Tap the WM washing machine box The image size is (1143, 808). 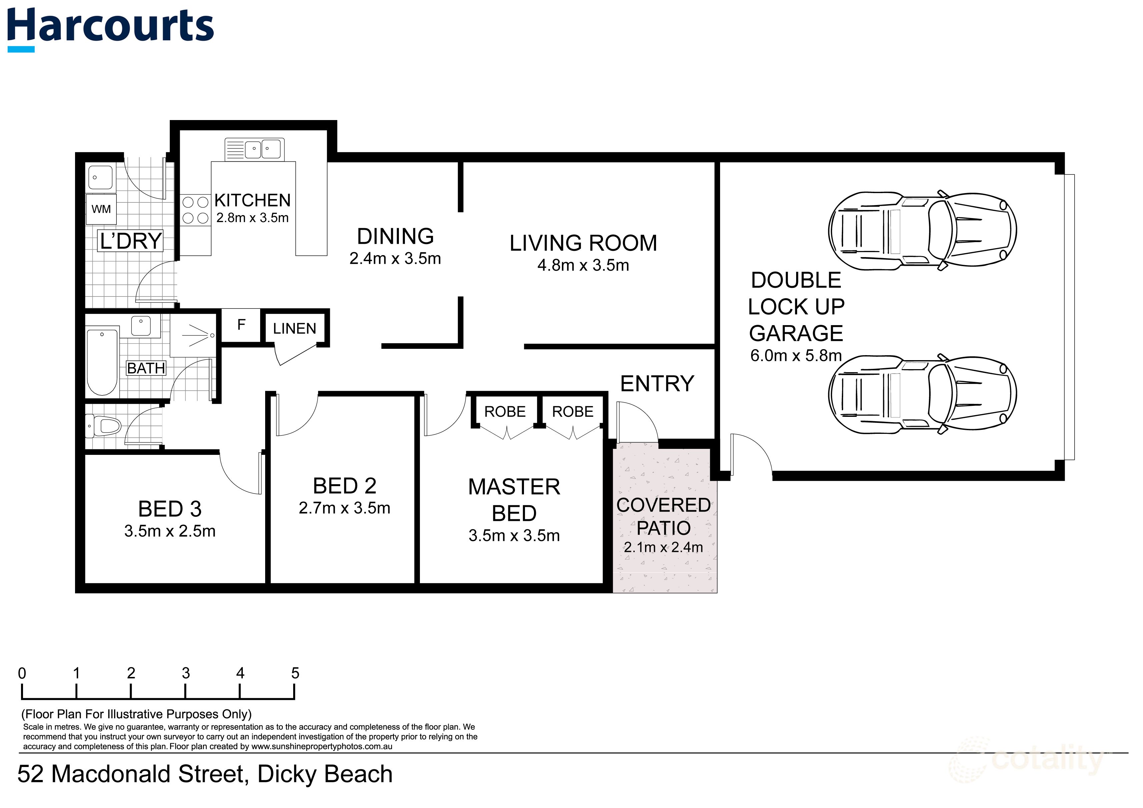point(101,209)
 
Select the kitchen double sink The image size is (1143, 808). point(254,149)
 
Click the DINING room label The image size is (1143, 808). point(395,236)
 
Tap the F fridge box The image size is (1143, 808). point(241,325)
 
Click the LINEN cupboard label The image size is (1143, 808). point(294,328)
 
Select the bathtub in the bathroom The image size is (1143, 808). point(102,361)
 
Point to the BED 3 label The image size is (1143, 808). point(170,509)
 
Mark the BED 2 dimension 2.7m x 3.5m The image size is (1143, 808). point(345,508)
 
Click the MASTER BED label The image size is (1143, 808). point(514,500)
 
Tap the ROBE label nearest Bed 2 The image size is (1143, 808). point(505,412)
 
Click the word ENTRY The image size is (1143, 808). point(657,384)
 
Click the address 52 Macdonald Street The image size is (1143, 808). point(204,774)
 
